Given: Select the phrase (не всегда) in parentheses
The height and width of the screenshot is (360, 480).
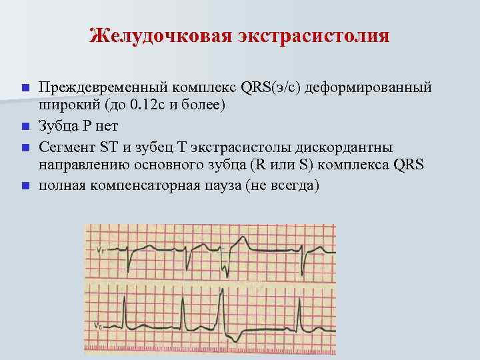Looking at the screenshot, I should point(283,185).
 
